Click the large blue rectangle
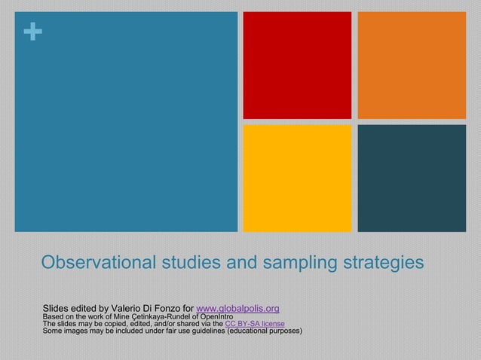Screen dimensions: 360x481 point(126,121)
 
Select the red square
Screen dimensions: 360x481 point(296,65)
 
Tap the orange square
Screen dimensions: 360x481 point(411,65)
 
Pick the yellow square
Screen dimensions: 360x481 point(296,178)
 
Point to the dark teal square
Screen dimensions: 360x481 point(411,178)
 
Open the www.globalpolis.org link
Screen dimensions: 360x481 point(237,309)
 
